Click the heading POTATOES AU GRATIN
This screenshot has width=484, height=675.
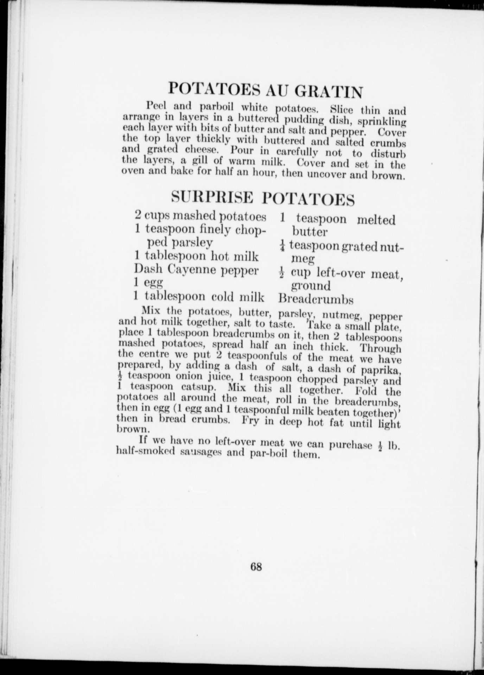tap(265, 90)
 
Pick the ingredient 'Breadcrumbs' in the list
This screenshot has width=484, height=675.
tap(316, 300)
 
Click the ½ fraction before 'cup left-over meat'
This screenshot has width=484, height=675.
tap(282, 272)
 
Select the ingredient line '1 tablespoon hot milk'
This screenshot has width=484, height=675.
tap(196, 256)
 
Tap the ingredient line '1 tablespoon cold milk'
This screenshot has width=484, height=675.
tap(199, 297)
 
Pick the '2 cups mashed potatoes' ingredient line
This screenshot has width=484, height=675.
tap(200, 216)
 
